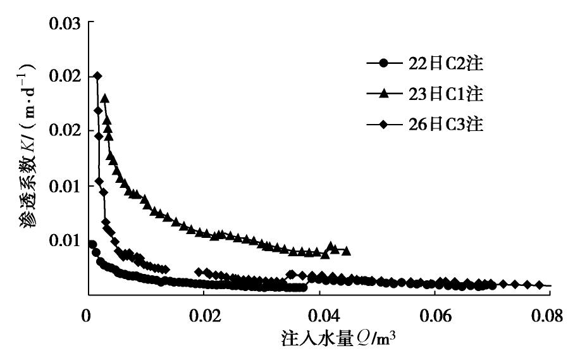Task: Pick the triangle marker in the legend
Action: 383,94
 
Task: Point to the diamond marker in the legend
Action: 383,125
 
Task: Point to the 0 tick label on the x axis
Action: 87,313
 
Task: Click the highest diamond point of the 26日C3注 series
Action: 97,76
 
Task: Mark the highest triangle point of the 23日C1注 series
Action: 104,98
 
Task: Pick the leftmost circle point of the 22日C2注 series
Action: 92,244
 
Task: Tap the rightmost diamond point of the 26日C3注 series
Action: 540,285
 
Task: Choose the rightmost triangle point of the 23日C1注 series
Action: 347,252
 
